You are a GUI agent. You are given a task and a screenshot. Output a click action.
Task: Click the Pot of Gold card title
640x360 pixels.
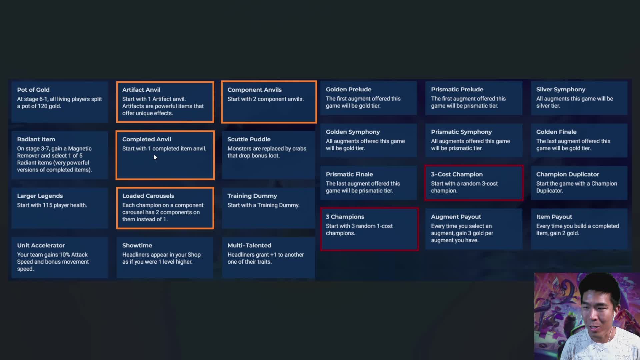point(33,90)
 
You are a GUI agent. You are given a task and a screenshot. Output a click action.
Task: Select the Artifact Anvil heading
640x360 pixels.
point(141,90)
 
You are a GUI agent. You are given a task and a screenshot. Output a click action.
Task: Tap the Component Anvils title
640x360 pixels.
point(254,90)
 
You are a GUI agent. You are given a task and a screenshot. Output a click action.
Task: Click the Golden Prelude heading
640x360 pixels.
point(348,89)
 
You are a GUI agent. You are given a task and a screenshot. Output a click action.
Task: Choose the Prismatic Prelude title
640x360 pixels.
point(457,89)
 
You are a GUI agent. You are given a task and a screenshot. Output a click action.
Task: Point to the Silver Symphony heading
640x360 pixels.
point(561,90)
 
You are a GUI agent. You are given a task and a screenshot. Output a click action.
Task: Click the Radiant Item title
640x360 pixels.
point(36,139)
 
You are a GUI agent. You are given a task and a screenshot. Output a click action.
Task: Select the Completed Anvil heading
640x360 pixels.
point(146,139)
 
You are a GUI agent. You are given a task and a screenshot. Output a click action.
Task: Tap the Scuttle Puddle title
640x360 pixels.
point(249,139)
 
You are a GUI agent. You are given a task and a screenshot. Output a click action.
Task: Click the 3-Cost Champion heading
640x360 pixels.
point(457,174)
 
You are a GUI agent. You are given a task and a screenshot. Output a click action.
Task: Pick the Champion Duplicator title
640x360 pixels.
point(567,174)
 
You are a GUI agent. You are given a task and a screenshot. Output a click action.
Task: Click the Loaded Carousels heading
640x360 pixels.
point(148,196)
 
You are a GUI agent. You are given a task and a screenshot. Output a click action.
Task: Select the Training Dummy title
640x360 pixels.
point(252,196)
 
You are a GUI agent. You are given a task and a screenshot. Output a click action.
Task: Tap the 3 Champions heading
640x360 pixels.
point(345,217)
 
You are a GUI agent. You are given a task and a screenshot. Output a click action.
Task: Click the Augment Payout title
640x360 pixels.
point(456,217)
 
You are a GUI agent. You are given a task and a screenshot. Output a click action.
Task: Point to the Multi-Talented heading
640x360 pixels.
point(249,245)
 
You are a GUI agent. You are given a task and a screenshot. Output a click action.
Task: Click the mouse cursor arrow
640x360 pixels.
point(155,157)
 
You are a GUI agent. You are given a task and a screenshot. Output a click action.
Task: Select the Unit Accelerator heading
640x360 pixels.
point(41,245)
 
